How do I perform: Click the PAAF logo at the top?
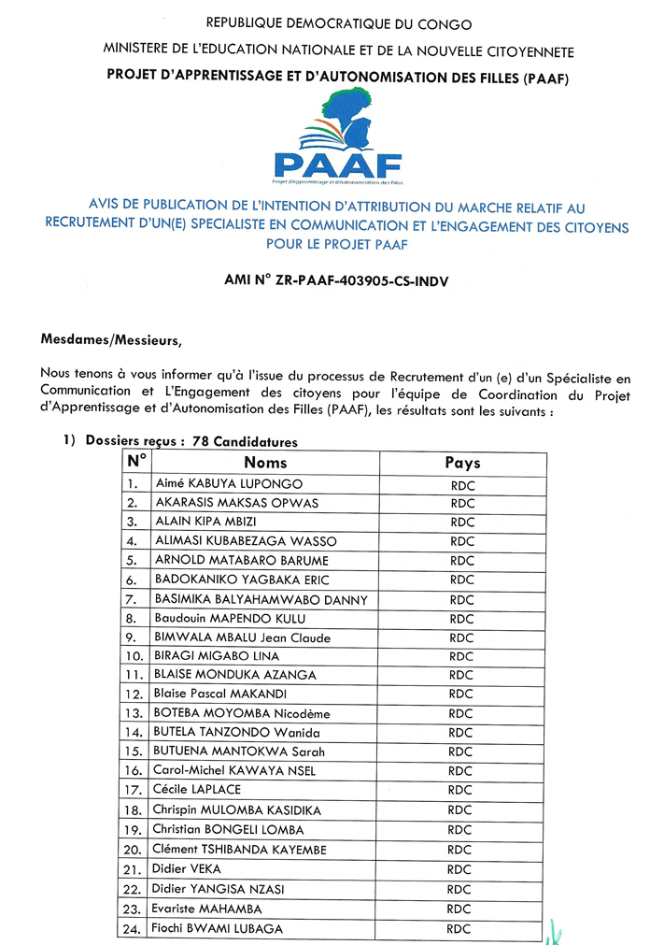pyautogui.click(x=337, y=141)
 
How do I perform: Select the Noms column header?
pyautogui.click(x=265, y=462)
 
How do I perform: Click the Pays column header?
pyautogui.click(x=462, y=462)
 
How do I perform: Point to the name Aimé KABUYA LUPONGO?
pyautogui.click(x=216, y=483)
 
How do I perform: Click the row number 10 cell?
pyautogui.click(x=134, y=656)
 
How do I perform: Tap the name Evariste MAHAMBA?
pyautogui.click(x=208, y=909)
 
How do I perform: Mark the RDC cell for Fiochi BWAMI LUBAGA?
pyautogui.click(x=461, y=928)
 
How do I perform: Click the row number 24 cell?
pyautogui.click(x=134, y=929)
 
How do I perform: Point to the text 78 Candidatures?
pyautogui.click(x=245, y=442)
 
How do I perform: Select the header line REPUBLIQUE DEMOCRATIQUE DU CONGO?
pyautogui.click(x=339, y=24)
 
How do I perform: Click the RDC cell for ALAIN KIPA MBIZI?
pyautogui.click(x=462, y=522)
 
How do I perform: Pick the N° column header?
pyautogui.click(x=136, y=462)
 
